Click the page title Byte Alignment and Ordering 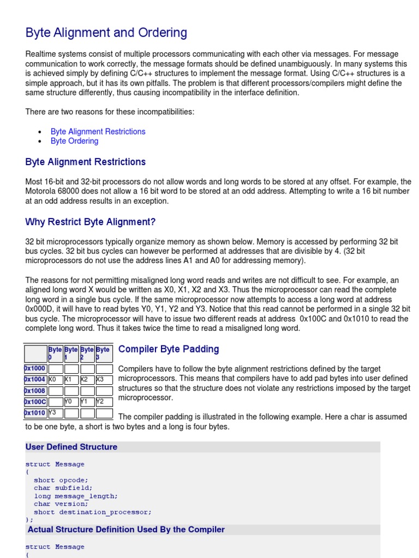point(106,33)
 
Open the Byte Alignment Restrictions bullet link point(98,131)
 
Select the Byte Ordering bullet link point(74,141)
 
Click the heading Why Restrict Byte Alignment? point(91,222)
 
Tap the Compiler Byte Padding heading point(169,349)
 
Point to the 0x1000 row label point(35,369)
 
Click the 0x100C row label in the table point(35,402)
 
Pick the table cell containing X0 point(55,380)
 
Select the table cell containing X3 point(104,380)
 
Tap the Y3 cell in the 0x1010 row point(55,413)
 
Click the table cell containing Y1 point(87,402)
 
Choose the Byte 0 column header point(55,353)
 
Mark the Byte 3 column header point(104,353)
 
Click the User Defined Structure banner point(71,447)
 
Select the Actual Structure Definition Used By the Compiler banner point(126,530)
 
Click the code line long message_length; point(75,496)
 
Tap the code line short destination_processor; point(92,512)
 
